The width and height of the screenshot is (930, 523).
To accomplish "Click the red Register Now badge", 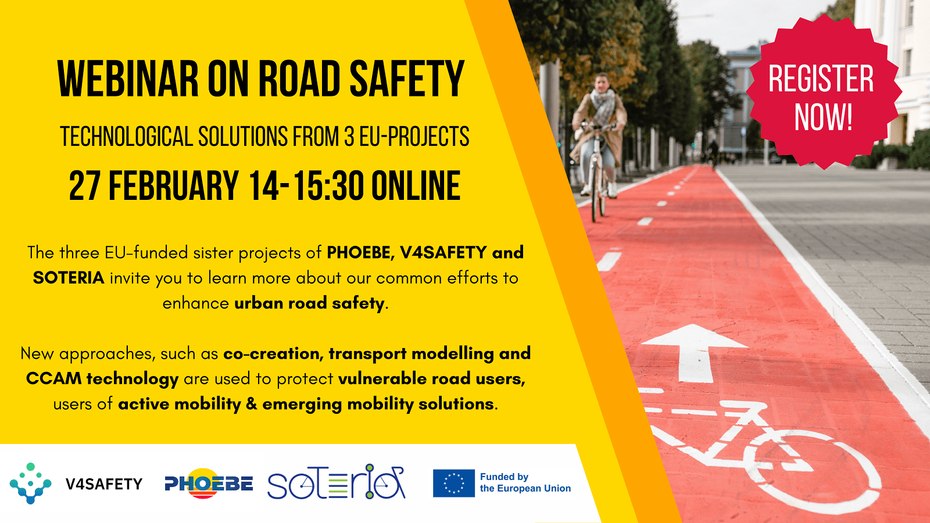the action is click(824, 92).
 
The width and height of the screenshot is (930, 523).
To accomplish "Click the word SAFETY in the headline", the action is click(407, 79).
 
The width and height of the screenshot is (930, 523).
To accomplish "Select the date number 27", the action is click(84, 185).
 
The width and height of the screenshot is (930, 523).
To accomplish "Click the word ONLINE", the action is click(416, 185).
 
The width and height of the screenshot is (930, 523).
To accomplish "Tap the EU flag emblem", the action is click(454, 483).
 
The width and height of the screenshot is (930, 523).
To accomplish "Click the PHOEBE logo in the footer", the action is click(209, 483).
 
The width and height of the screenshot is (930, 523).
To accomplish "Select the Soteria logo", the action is click(337, 482).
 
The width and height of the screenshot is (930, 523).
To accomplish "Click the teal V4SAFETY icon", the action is click(30, 483).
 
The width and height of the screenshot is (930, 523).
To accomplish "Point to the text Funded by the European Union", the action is click(525, 483).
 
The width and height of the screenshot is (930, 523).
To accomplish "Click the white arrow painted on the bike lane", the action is click(694, 353).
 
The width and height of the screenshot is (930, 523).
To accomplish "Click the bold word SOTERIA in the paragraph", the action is click(69, 278).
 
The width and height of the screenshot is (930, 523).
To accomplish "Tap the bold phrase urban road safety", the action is click(309, 303).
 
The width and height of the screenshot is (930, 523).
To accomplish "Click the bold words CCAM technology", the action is click(102, 379).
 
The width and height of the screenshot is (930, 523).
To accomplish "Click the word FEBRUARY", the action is click(174, 185).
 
